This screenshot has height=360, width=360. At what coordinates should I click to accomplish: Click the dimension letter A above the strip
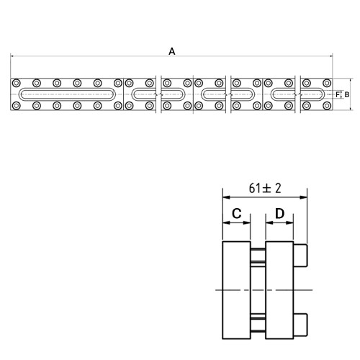[x=172, y=51]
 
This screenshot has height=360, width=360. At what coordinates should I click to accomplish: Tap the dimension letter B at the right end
[x=347, y=95]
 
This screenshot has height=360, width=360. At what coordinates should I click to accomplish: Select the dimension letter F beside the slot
[x=338, y=95]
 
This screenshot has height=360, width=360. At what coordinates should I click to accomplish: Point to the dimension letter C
[x=237, y=213]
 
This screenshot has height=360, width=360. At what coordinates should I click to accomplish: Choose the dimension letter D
[x=279, y=213]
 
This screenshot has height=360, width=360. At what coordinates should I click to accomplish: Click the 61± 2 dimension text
[x=265, y=188]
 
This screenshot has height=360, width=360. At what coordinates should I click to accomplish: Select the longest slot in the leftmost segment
[x=67, y=94]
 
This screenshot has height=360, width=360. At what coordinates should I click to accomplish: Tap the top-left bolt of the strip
[x=16, y=83]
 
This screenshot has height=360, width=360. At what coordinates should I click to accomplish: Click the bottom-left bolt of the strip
[x=16, y=106]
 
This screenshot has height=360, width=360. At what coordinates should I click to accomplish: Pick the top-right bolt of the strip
[x=327, y=83]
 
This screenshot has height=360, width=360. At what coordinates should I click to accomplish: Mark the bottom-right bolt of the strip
[x=327, y=106]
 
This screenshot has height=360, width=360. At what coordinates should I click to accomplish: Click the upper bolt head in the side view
[x=300, y=256]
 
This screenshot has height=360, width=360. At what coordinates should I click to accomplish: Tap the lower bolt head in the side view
[x=300, y=325]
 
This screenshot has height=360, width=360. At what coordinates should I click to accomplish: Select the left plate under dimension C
[x=237, y=290]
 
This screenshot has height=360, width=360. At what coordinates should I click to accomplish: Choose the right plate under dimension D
[x=279, y=290]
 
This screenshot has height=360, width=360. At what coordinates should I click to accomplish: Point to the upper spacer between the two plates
[x=258, y=256]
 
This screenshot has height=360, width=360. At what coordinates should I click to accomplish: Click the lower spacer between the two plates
[x=258, y=325]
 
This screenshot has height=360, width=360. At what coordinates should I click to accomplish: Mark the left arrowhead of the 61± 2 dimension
[x=226, y=197]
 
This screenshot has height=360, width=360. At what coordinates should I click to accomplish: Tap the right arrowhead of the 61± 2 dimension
[x=303, y=197]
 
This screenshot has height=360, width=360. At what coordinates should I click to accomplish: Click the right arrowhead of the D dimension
[x=290, y=222]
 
